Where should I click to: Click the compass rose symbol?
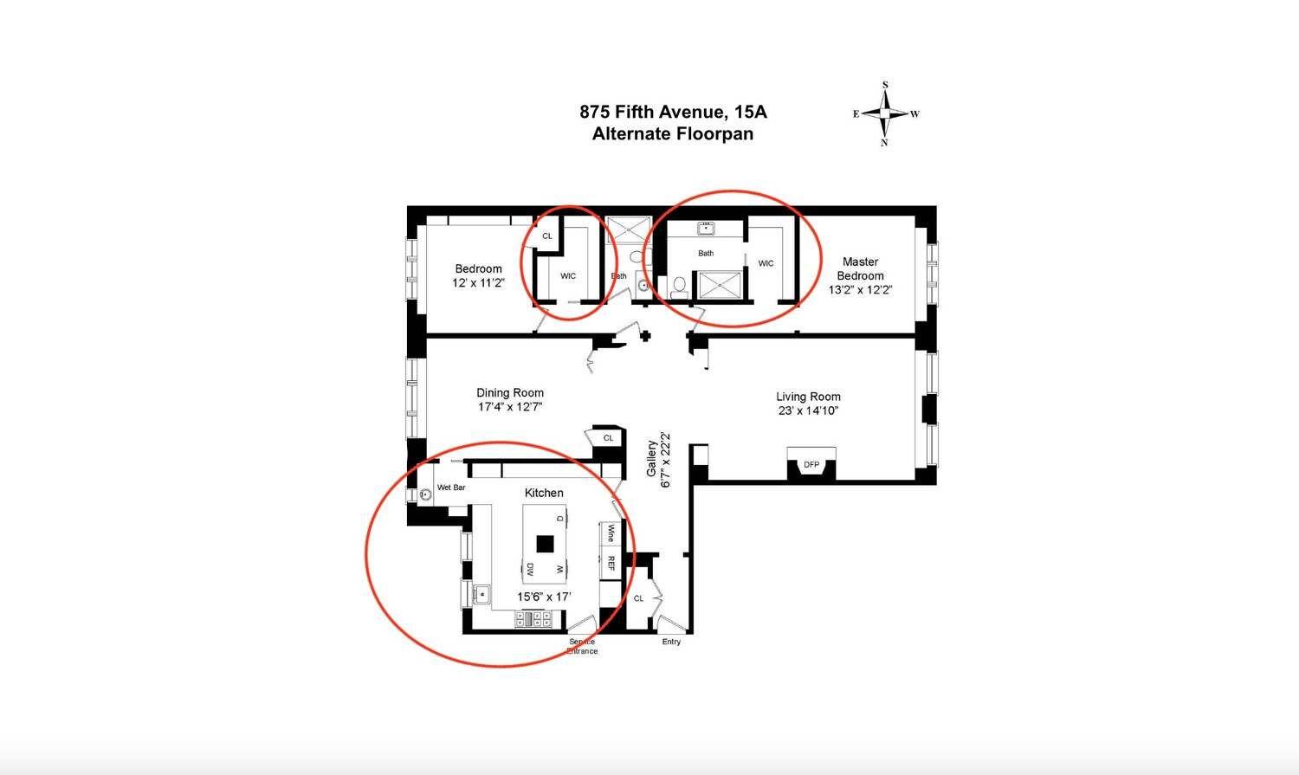(884, 113)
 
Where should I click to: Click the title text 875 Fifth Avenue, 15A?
(673, 112)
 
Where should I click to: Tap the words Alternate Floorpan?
(673, 134)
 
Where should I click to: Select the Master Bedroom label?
(860, 269)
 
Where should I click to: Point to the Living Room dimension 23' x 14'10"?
(808, 410)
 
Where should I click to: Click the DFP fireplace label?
(811, 464)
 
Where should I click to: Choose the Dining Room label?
(510, 392)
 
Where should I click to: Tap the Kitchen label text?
(544, 493)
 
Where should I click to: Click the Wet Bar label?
(451, 488)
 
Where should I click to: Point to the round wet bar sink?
(425, 494)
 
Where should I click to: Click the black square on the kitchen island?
(545, 545)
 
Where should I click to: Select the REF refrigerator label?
(611, 563)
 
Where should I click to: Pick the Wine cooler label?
(611, 533)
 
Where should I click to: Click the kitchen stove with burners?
(533, 620)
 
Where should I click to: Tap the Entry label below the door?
(671, 642)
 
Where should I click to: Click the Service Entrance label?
(582, 646)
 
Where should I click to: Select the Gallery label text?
(652, 459)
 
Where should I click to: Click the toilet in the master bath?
(679, 287)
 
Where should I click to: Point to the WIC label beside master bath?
(766, 263)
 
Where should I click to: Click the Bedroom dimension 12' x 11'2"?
(478, 283)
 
